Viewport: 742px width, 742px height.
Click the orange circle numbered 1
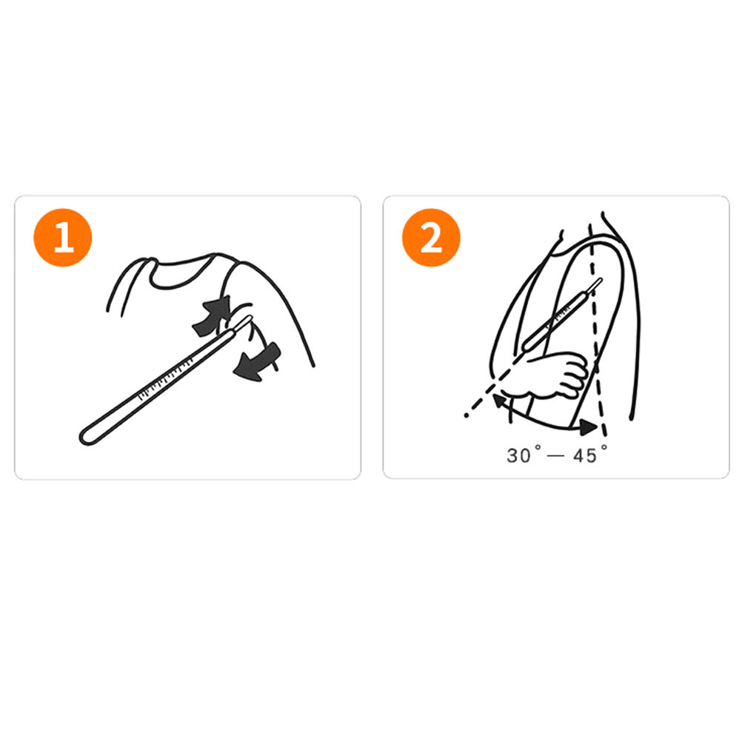coord(62,238)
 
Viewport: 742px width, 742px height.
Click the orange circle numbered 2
coord(431,238)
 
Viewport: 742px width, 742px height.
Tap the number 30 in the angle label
coord(518,455)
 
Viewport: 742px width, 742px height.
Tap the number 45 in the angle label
coord(585,455)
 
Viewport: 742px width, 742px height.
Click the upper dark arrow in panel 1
coord(212,316)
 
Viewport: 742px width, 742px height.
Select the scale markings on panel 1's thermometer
coord(166,378)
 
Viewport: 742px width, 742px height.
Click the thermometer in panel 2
coord(562,314)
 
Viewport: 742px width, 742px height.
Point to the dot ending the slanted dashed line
coord(467,415)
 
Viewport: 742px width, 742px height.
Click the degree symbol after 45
coord(604,447)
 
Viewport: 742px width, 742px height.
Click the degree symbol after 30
coord(537,447)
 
